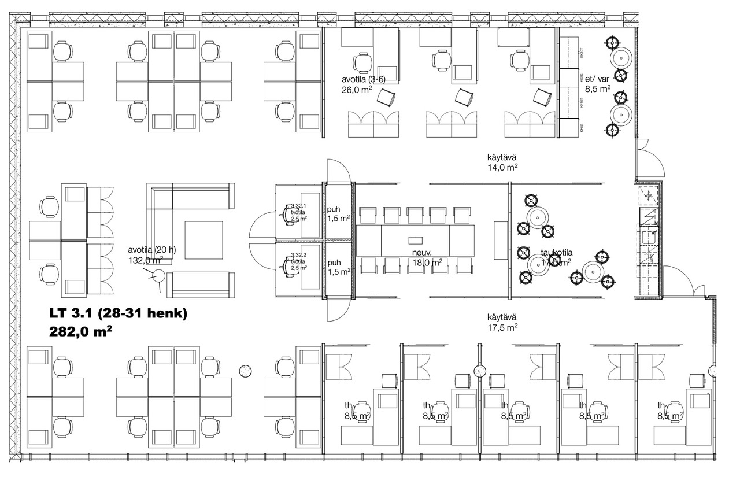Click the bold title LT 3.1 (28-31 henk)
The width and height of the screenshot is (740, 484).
pos(117,315)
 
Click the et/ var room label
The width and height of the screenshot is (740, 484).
pos(597,79)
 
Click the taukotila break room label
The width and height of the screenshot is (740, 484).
pos(557,252)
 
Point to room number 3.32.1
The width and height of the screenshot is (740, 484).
pos(298,206)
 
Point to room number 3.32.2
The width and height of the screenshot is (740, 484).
pos(298,254)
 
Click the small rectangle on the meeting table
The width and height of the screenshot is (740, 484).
pos(416,239)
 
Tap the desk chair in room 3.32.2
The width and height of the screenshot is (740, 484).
pos(287,264)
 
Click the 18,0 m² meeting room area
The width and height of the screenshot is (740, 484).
pos(428,262)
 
